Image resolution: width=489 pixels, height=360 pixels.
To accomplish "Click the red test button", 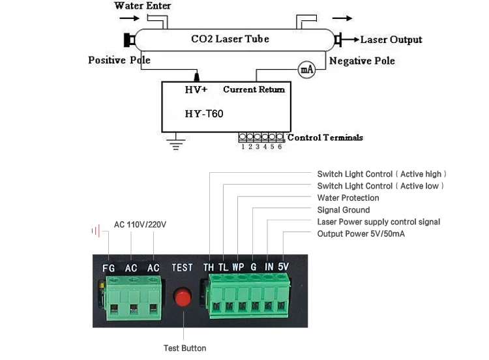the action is tap(183, 297).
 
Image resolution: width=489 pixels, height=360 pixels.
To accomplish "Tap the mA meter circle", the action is tap(306, 69).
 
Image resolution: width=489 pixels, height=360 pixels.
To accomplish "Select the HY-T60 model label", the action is tap(204, 113).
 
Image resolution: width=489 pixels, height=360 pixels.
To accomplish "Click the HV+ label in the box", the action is tap(196, 90).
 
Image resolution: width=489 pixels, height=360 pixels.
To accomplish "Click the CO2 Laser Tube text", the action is tap(230, 39).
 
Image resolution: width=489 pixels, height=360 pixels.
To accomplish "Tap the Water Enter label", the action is tap(142, 6).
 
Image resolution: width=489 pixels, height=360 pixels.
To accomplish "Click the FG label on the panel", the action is tap(108, 268).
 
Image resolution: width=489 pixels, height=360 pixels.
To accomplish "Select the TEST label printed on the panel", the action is tap(182, 267).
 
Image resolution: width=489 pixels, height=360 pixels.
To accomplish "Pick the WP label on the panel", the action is tap(238, 267).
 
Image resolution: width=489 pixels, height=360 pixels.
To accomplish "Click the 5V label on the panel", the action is tap(283, 266).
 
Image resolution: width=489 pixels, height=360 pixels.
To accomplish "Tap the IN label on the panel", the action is tap(269, 267).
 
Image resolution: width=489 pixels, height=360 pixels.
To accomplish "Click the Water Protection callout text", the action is tap(348, 198).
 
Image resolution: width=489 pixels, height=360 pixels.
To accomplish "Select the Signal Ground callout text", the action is tap(344, 210).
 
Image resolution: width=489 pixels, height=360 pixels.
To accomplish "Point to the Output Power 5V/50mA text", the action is tap(361, 233).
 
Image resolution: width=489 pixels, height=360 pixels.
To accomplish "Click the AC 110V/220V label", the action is tap(140, 224).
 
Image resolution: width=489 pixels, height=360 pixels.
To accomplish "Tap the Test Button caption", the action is tap(185, 348).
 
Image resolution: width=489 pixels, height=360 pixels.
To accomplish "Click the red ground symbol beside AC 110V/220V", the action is tap(96, 231).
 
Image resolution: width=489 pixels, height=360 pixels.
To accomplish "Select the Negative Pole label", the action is tap(362, 61).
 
